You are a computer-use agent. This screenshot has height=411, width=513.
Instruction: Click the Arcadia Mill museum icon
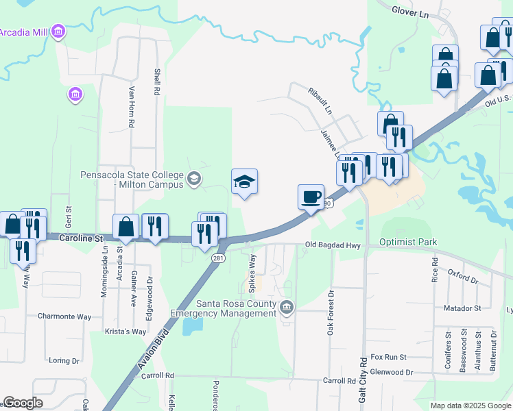pyautogui.click(x=58, y=32)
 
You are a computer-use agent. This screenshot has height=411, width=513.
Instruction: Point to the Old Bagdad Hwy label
pyautogui.click(x=333, y=245)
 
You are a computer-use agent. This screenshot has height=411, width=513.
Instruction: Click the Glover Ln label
pyautogui.click(x=410, y=10)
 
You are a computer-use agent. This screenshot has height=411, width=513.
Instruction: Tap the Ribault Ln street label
pyautogui.click(x=320, y=100)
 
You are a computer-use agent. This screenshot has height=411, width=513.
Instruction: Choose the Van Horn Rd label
pyautogui.click(x=130, y=106)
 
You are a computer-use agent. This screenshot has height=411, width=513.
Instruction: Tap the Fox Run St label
pyautogui.click(x=388, y=357)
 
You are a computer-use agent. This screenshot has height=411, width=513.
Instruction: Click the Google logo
pyautogui.click(x=23, y=403)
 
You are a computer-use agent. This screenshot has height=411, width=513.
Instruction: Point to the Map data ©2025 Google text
pyautogui.click(x=470, y=406)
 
